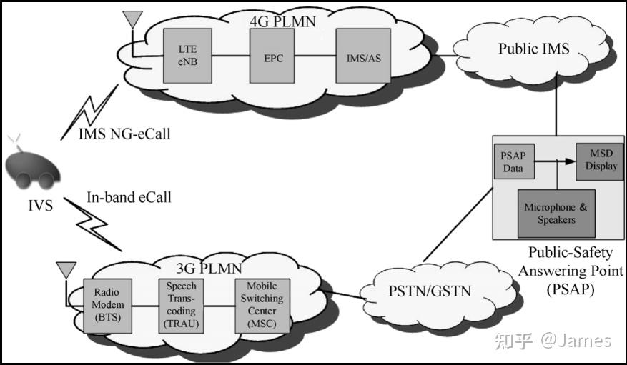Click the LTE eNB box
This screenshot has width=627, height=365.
(x=187, y=56)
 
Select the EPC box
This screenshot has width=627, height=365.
(x=272, y=56)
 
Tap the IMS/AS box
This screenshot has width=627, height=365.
(x=363, y=56)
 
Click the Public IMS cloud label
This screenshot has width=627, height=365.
(x=534, y=49)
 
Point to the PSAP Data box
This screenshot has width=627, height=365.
(x=514, y=161)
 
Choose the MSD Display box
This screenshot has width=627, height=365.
(x=600, y=161)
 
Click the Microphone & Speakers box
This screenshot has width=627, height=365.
(x=556, y=214)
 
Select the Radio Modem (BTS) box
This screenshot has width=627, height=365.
(x=107, y=306)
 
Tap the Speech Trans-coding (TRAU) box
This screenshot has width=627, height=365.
(x=181, y=306)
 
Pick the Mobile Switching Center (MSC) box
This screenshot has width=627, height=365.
(x=262, y=306)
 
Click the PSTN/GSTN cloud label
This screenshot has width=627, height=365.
(x=430, y=291)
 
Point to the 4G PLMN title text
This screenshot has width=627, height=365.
(x=282, y=21)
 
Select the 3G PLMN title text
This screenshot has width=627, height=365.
(x=209, y=268)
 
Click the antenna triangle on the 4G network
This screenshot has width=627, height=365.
(x=133, y=19)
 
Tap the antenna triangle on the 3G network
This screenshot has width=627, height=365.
(x=66, y=270)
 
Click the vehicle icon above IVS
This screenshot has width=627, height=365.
(x=32, y=167)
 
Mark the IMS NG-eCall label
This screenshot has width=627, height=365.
(x=124, y=134)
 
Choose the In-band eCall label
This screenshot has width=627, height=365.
(x=129, y=197)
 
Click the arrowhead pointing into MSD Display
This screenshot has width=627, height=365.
(x=571, y=161)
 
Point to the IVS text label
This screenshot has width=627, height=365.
(x=40, y=206)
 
